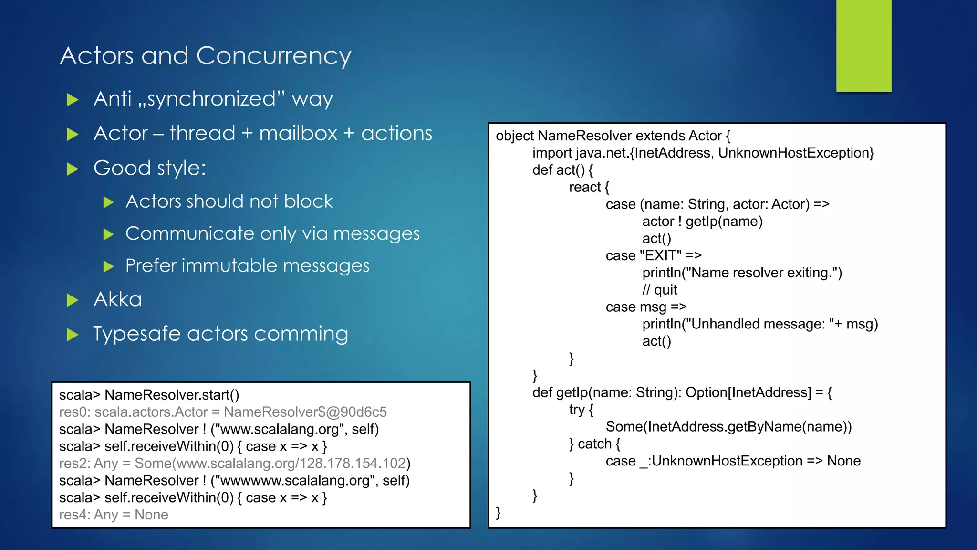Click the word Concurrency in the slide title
tap(273, 56)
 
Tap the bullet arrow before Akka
tap(73, 300)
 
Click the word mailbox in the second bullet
tap(298, 133)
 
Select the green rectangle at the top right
tap(863, 45)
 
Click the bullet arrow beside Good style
tap(73, 169)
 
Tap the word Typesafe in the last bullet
tap(136, 334)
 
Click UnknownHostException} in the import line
tap(796, 153)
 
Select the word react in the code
tap(585, 187)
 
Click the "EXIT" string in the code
tap(660, 256)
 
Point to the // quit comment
tap(659, 290)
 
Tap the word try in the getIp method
tap(577, 410)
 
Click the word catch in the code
tap(594, 444)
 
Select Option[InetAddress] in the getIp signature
tap(748, 392)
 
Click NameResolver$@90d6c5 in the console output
tap(305, 412)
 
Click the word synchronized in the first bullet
tap(211, 99)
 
